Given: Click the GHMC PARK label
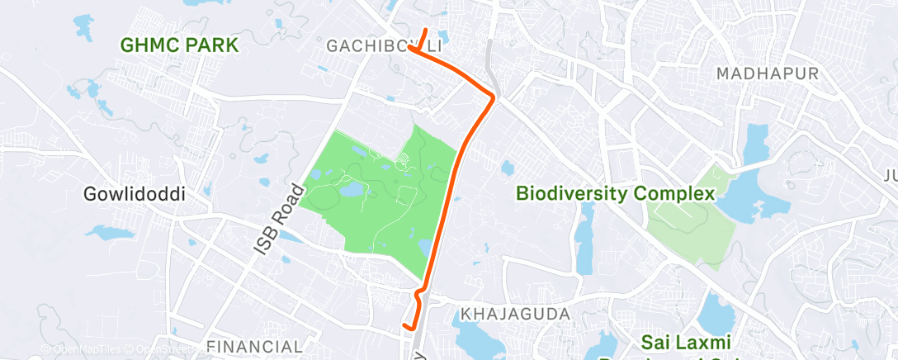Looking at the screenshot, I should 179,45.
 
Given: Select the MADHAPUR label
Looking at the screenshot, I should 767,74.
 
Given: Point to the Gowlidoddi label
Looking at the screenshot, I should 134,195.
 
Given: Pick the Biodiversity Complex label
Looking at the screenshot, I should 615,194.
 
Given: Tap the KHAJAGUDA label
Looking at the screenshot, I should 516,315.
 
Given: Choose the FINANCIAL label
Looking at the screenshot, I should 254,345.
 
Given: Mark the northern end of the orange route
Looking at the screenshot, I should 426,31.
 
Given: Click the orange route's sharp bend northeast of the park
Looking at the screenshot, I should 494,98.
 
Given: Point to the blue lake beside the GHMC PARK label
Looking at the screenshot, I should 83,27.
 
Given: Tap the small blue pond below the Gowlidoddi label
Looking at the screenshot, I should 110,234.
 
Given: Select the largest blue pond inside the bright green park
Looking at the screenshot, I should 350,191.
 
